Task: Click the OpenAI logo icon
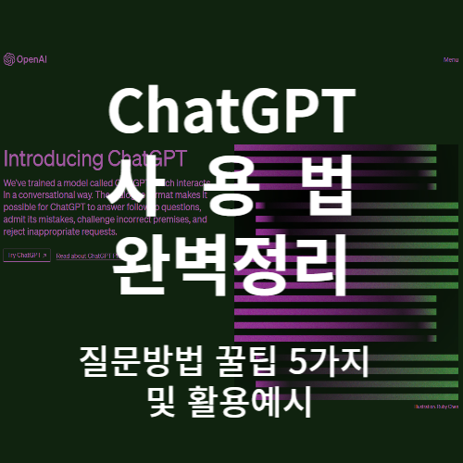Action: click(x=9, y=60)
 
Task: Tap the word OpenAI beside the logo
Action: click(x=30, y=60)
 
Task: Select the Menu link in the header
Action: click(x=450, y=60)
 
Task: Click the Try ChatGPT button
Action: click(x=26, y=256)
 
